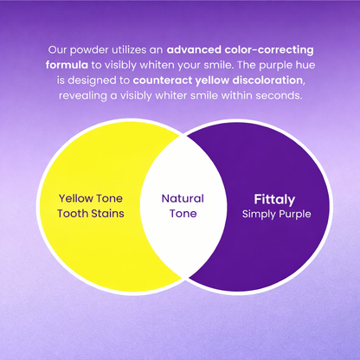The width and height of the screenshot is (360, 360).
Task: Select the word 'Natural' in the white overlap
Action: (183, 198)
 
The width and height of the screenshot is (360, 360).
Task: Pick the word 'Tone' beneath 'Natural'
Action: (183, 213)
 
